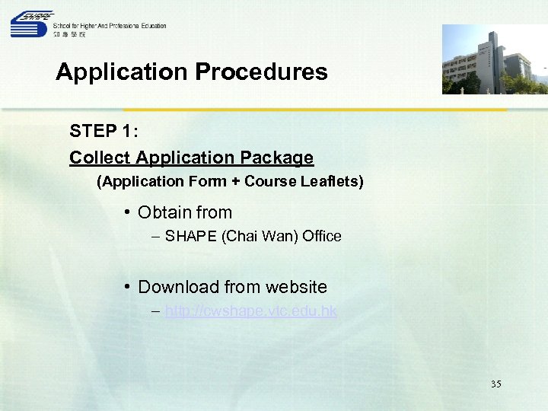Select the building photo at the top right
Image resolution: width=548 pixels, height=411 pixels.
point(495,59)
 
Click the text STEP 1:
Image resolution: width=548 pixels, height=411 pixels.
point(104,131)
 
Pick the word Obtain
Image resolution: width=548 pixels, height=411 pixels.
point(162,213)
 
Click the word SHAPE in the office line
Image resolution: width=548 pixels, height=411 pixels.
point(191,237)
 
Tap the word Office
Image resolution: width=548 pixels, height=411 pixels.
point(321,237)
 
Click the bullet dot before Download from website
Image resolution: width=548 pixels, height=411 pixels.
point(128,287)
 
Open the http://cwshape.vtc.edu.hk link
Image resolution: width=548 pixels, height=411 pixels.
point(250,311)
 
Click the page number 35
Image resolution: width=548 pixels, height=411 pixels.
point(495,384)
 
